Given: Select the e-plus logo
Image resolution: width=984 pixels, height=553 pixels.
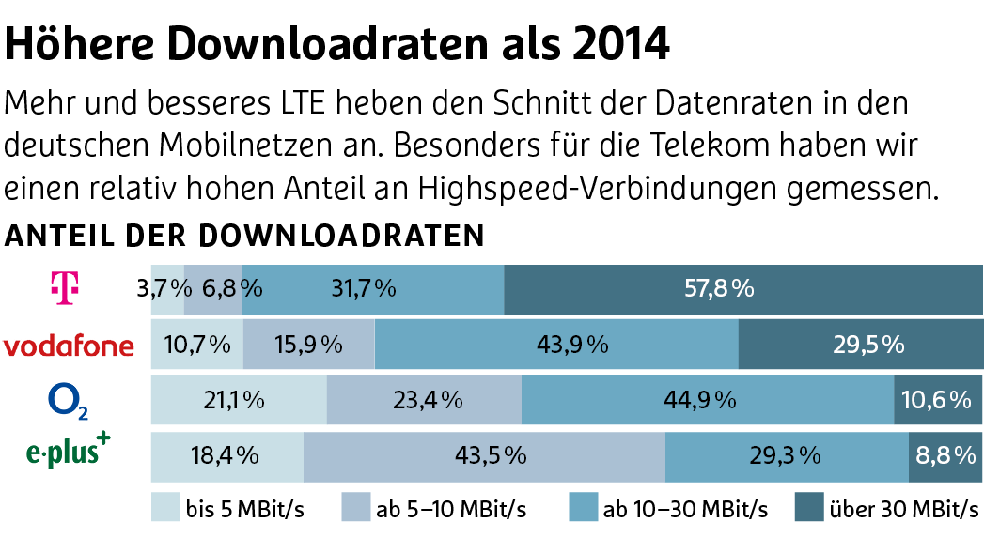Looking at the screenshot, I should coord(68,453).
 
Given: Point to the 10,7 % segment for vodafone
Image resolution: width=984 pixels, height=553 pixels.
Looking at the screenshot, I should coord(197,345).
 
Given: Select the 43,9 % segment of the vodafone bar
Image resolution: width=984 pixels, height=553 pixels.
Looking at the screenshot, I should coord(556,345).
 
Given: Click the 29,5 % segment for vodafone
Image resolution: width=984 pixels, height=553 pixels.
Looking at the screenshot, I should coord(860,345).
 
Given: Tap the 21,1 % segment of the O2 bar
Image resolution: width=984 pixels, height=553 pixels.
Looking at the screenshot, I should coord(239,400).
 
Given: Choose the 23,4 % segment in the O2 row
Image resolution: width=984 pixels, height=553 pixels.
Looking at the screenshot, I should coord(423,400).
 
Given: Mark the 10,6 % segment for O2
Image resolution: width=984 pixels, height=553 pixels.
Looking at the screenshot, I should coord(936,400).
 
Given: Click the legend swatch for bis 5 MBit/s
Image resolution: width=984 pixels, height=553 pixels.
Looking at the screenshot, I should coord(165,507).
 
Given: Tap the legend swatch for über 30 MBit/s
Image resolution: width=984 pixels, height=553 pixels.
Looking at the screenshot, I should coord(808,507).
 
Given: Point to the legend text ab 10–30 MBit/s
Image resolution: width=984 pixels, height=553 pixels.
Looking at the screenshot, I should coord(685,510).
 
